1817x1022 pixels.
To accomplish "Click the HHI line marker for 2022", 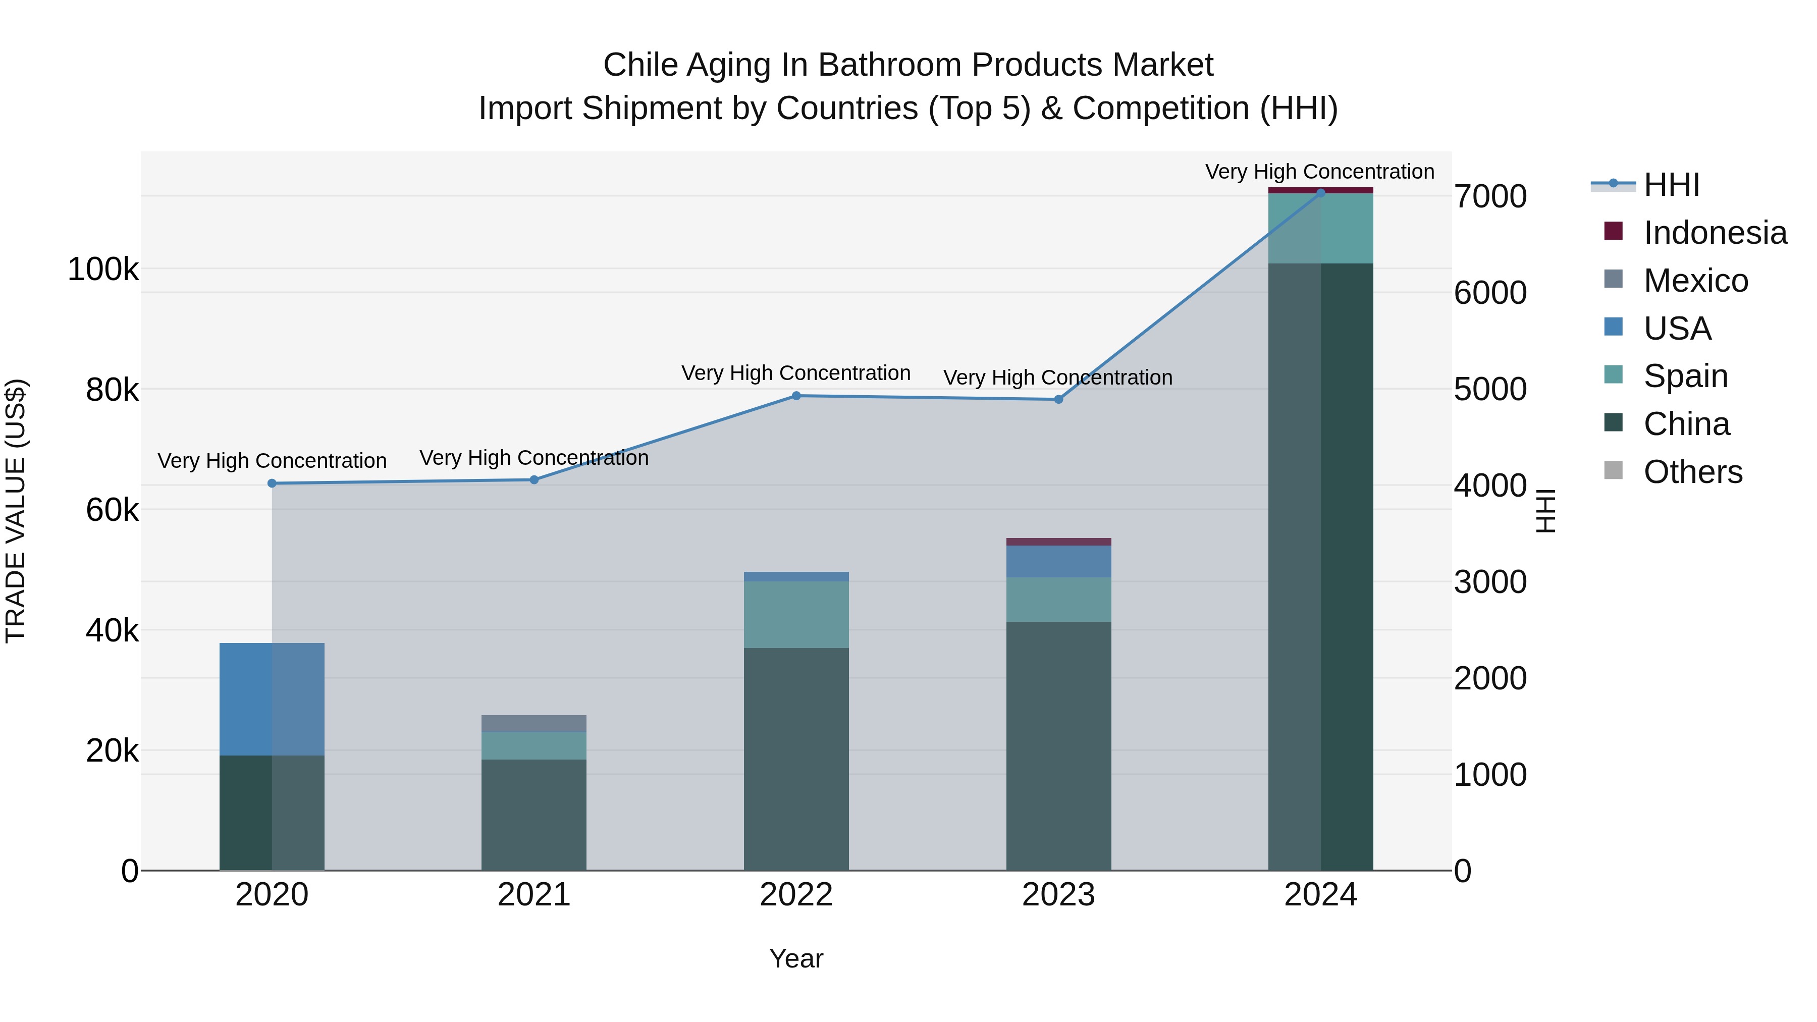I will pos(796,396).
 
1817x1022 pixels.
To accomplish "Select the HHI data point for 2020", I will pos(272,483).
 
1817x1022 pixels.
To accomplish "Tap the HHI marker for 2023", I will pos(1058,399).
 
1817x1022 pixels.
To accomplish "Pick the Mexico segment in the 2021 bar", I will pos(534,724).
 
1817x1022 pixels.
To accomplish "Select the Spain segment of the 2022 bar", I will pos(796,614).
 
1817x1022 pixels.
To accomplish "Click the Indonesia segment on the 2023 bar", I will pos(1058,542).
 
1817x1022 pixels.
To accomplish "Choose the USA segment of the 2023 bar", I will pos(1058,561).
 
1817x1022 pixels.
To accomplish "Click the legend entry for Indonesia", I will pos(1714,233).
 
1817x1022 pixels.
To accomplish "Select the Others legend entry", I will pos(1692,472).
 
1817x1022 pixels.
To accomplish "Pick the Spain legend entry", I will pos(1685,376).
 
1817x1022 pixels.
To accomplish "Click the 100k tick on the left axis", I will pos(103,270).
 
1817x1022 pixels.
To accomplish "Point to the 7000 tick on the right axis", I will pos(1490,197).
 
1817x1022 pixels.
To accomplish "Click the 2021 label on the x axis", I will pos(534,895).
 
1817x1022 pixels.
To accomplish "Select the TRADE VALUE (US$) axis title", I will pos(16,511).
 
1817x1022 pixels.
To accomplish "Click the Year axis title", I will pos(796,958).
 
